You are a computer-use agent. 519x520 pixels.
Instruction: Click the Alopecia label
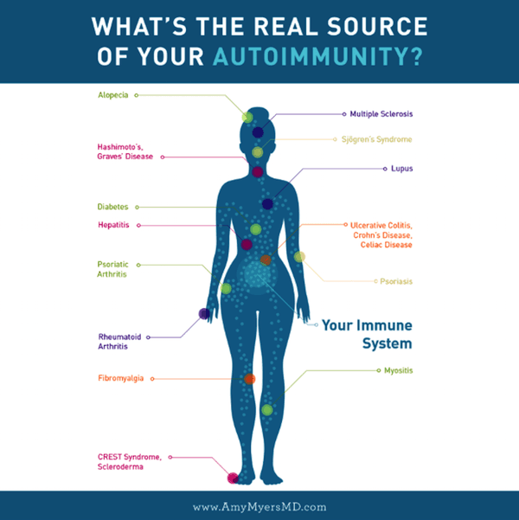pos(113,95)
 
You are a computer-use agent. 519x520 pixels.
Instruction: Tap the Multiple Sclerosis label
pos(381,114)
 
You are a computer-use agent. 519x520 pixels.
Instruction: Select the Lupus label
pos(402,169)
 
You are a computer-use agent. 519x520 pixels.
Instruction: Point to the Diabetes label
pos(112,207)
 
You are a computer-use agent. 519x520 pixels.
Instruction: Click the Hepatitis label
pos(113,225)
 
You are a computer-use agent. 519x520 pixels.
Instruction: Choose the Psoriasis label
pos(396,281)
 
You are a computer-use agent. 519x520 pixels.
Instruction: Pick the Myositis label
pos(399,370)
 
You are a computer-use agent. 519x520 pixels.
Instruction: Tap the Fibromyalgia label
pos(121,378)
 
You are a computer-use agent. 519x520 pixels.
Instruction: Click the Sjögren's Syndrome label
pos(377,139)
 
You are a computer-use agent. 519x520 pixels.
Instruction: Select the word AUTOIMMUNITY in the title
pos(318,56)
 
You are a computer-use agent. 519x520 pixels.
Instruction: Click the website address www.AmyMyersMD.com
pos(259,507)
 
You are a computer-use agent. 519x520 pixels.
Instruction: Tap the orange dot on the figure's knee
pos(249,379)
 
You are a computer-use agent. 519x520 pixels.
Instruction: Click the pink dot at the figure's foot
pos(233,478)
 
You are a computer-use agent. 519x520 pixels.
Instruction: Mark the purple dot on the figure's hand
pos(204,313)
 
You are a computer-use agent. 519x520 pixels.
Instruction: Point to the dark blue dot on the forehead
pos(258,132)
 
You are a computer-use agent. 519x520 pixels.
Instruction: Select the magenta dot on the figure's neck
pos(258,172)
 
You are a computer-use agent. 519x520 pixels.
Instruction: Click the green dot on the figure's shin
pos(267,410)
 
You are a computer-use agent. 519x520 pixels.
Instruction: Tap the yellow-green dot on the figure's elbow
pos(299,256)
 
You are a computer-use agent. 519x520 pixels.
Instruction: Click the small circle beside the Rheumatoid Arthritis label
pos(148,337)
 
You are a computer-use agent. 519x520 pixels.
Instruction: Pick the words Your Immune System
pos(367,334)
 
